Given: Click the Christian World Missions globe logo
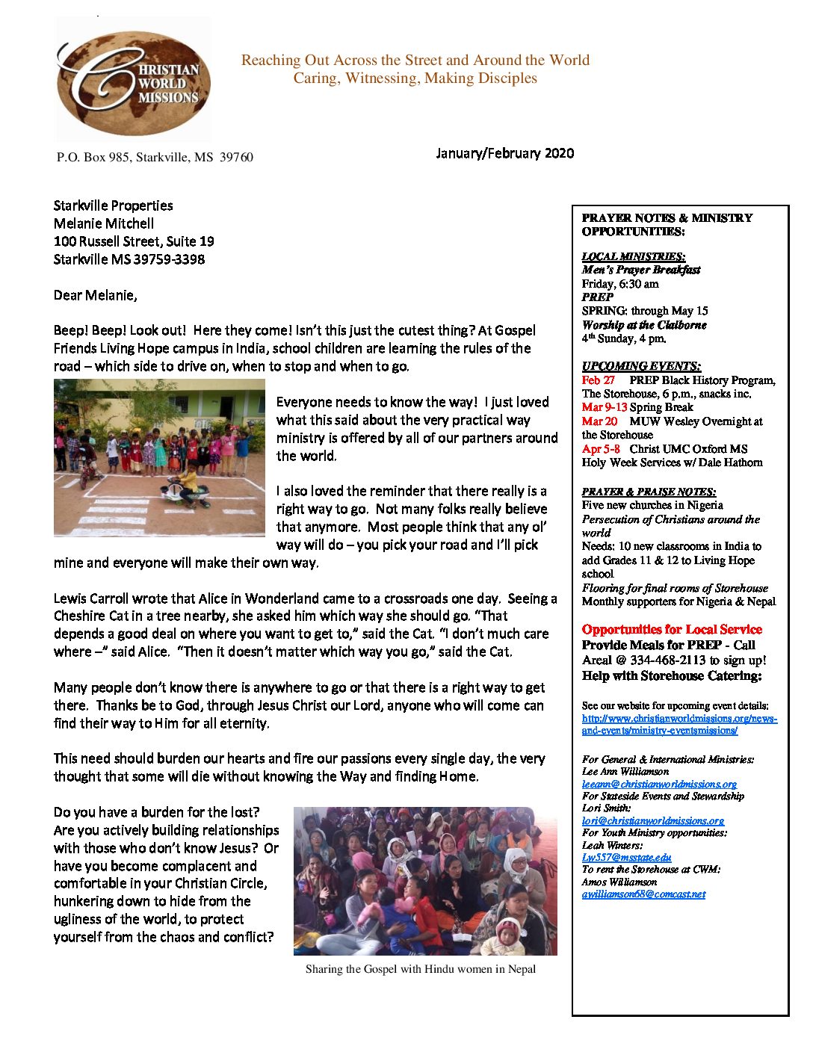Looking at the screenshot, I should coord(133,81).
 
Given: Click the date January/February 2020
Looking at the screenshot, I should coord(504,153).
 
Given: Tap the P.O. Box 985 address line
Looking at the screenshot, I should coord(155,157).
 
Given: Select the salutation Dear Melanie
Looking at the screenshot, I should coord(95,295).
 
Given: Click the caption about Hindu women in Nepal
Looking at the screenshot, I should coord(420,969).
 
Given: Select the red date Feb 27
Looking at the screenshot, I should coord(598,380).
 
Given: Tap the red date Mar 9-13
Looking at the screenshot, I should coord(604,407).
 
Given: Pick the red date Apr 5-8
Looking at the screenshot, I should coord(601,449).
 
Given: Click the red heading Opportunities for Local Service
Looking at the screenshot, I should coord(671,629).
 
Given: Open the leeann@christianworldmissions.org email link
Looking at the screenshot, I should coord(659,784).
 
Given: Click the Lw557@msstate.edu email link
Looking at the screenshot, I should coord(626,857).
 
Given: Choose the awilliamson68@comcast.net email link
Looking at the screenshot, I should coord(643,894).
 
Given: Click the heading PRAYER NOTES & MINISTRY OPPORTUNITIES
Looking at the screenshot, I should coord(667,224).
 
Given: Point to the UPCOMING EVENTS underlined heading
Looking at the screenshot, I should coord(641,366).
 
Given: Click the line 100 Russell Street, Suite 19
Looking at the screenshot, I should coord(134,241).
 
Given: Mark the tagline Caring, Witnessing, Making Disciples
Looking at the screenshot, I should coord(415,78).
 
